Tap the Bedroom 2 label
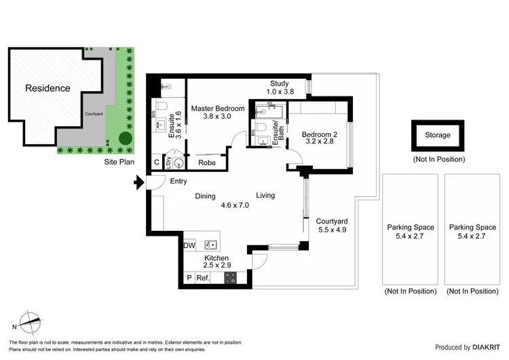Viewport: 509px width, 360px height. point(320,138)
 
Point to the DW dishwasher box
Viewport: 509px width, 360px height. point(189,245)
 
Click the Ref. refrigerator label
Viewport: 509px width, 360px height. point(202,278)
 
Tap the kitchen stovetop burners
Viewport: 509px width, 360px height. point(231,278)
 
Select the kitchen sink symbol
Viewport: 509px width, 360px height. point(211,245)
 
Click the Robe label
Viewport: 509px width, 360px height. point(207,163)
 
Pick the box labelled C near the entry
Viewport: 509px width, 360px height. point(157,163)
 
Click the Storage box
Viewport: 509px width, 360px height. point(438,135)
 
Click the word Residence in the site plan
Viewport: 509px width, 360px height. point(48,88)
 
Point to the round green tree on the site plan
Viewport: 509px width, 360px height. point(126,138)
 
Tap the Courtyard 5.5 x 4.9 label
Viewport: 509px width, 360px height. point(333,226)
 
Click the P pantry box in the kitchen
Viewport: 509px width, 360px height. point(189,278)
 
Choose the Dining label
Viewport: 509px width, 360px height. point(206,196)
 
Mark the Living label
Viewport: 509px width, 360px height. point(265,196)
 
